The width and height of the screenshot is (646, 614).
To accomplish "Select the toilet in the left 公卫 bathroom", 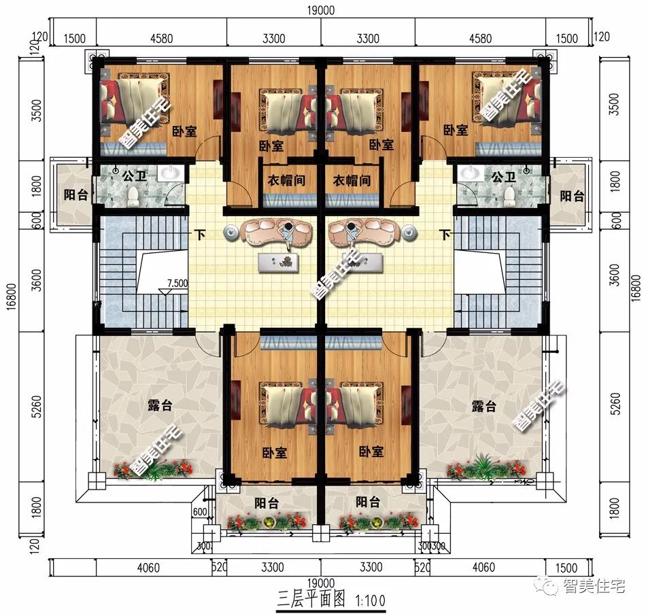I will coord(133,197).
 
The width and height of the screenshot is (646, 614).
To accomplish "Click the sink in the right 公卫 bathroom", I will coord(468,175).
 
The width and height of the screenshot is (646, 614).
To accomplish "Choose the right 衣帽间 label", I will coord(352,181).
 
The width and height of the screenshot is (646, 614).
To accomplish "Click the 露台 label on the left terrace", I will coord(160,406).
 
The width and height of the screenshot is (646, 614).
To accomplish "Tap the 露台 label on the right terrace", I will coord(483,406).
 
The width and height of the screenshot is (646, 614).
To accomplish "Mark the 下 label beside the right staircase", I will coord(445,235).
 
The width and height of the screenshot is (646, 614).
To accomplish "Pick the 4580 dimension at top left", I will coord(160,38).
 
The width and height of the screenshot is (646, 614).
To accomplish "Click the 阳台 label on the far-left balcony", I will coord(75,196).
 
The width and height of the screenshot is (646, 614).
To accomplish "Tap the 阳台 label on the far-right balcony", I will coord(571,196).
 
